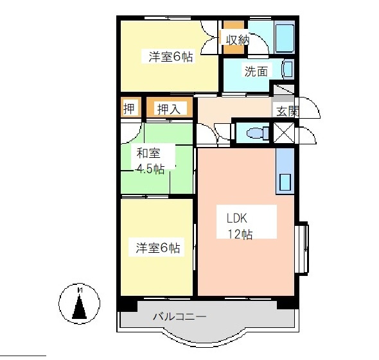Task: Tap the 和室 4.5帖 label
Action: (x=149, y=160)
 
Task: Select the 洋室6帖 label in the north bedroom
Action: (x=170, y=56)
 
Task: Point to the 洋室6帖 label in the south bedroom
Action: (x=157, y=248)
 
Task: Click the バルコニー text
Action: (x=179, y=317)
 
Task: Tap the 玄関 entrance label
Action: (x=287, y=110)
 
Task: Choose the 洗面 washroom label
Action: (x=255, y=71)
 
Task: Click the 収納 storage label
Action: (x=236, y=40)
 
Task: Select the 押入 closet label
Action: (x=168, y=109)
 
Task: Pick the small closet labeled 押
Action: (x=129, y=108)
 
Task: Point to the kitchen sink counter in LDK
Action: (x=285, y=172)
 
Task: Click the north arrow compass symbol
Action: (x=80, y=303)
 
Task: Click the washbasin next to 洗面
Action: (x=287, y=69)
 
